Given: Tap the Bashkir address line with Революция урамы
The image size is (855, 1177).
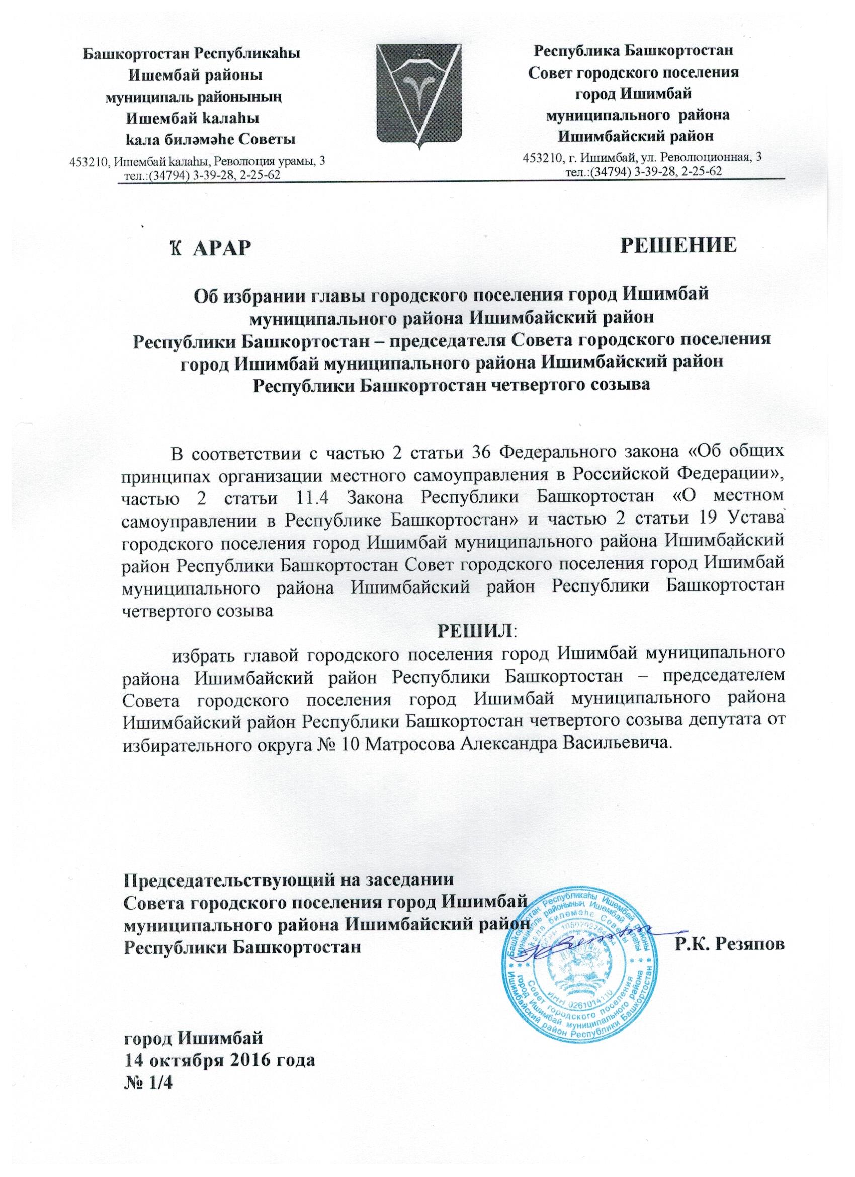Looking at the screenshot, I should (x=198, y=161).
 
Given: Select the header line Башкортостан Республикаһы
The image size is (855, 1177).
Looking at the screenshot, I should (x=193, y=53).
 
